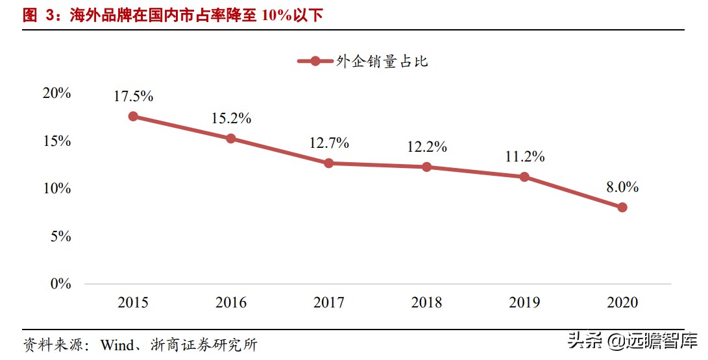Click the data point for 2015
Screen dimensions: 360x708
tap(133, 116)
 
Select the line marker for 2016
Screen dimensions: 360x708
tap(231, 138)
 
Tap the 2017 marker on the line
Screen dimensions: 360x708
tap(329, 163)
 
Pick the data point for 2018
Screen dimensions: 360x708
tap(426, 167)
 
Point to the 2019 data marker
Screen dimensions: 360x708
tap(524, 176)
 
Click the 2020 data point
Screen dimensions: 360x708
tap(622, 208)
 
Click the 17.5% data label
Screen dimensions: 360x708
tap(133, 97)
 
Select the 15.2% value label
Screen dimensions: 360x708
tap(231, 119)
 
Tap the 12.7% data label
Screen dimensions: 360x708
tap(329, 143)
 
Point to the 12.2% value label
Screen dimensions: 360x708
tap(426, 147)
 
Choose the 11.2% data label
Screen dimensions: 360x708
tap(524, 156)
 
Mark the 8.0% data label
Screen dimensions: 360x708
tap(622, 187)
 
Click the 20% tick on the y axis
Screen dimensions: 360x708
tap(56, 93)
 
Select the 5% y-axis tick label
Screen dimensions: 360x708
tap(60, 236)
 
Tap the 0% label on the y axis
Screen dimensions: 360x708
tap(60, 283)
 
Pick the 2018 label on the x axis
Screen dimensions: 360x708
tap(426, 303)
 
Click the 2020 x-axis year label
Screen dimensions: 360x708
tap(622, 303)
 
